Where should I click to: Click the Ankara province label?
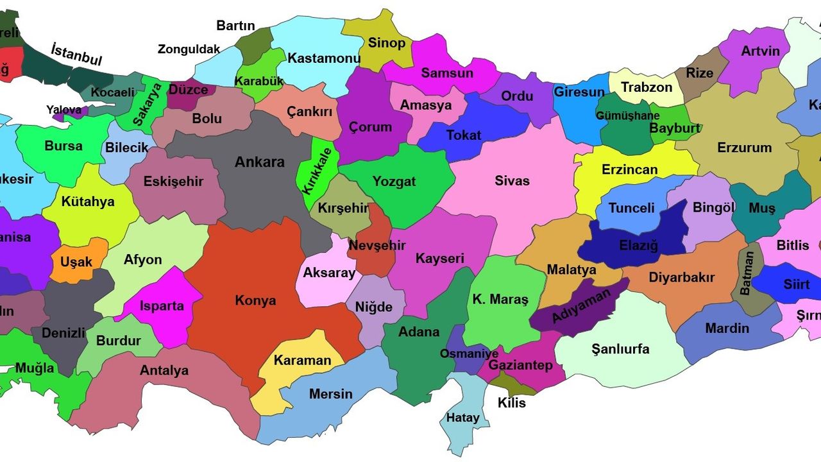tap(259, 162)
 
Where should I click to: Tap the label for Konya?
tap(255, 300)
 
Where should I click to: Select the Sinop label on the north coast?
tap(386, 43)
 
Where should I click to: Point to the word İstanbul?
tap(76, 55)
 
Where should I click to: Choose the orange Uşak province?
tap(77, 261)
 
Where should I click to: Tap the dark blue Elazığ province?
tap(638, 244)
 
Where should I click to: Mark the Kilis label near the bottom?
tap(511, 403)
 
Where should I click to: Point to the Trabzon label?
tap(647, 87)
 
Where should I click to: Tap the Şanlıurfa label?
tap(620, 349)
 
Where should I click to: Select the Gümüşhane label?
tap(627, 116)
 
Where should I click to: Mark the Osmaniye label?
tap(468, 354)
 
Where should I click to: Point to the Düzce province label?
tap(189, 90)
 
